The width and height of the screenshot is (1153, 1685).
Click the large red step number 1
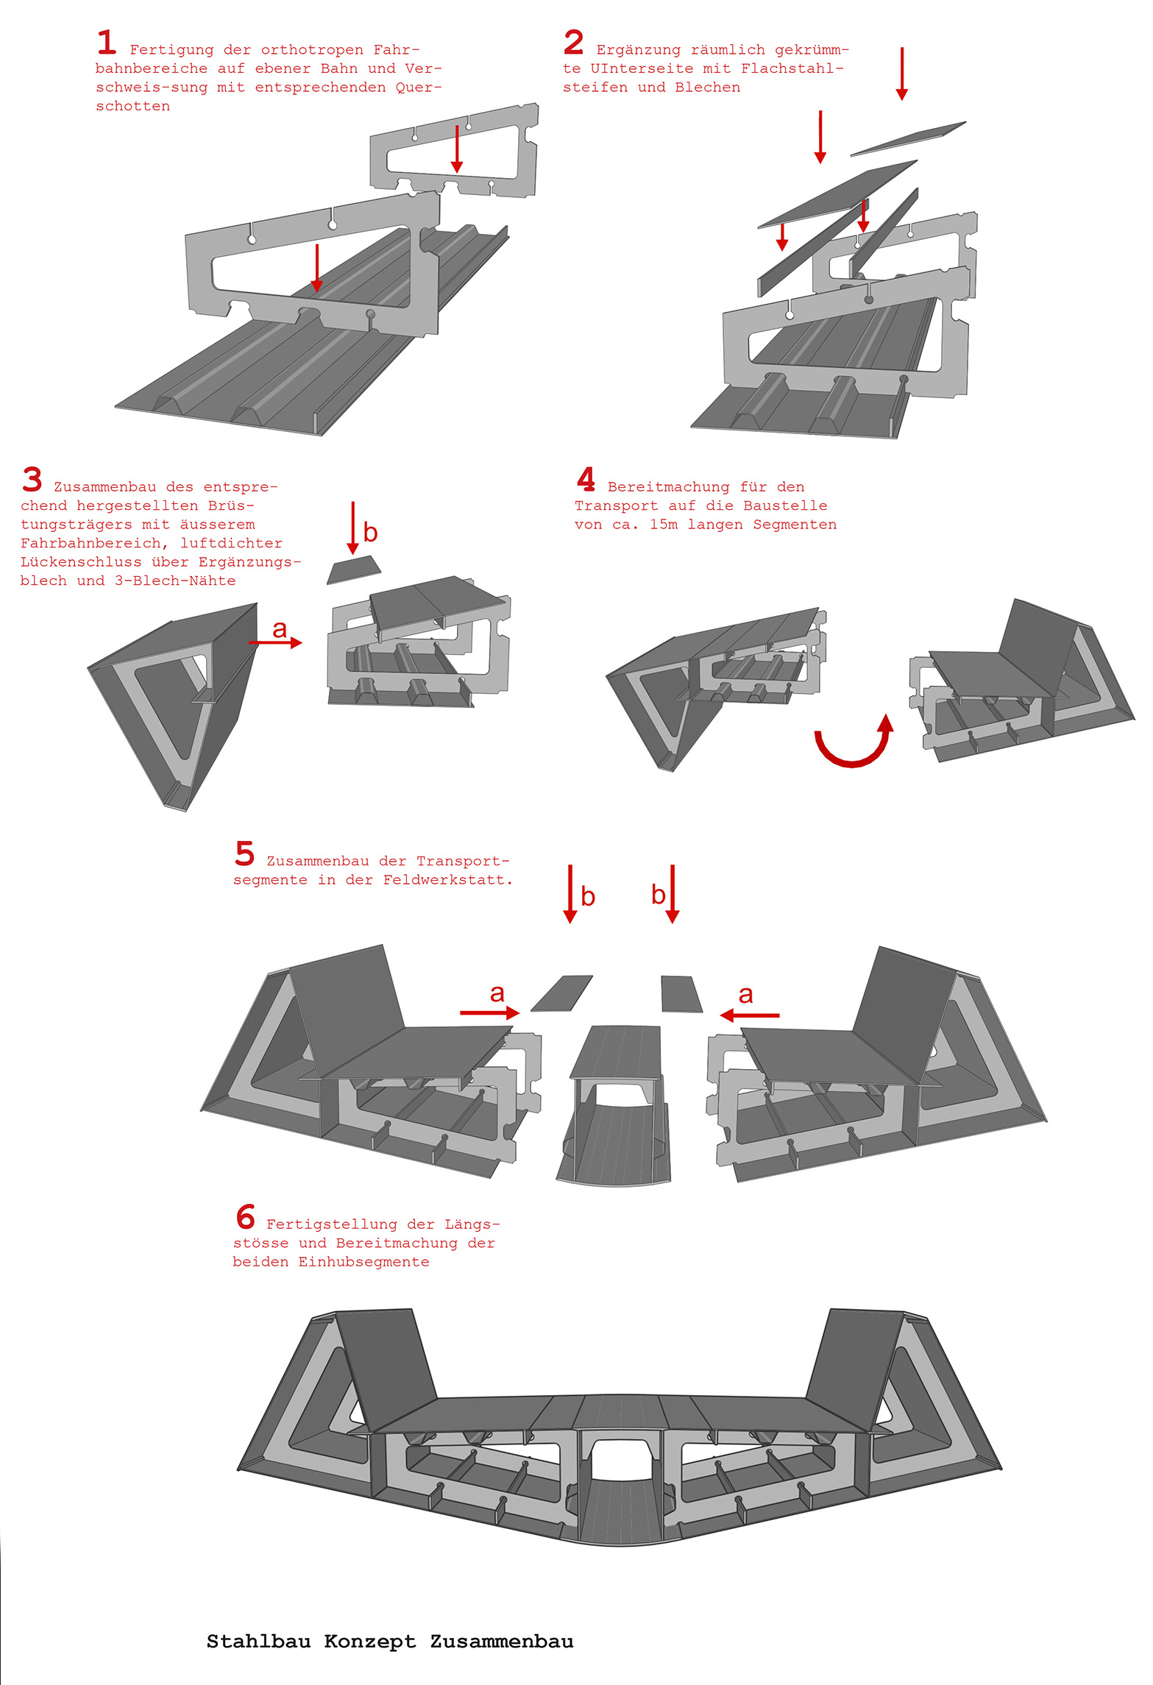pyautogui.click(x=107, y=42)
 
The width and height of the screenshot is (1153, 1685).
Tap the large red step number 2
pyautogui.click(x=574, y=42)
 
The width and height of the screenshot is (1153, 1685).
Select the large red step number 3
pyautogui.click(x=32, y=479)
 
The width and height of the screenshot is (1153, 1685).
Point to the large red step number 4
pyautogui.click(x=586, y=479)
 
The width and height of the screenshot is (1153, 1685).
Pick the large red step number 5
pyautogui.click(x=245, y=854)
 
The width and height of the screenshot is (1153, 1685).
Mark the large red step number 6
pyautogui.click(x=246, y=1217)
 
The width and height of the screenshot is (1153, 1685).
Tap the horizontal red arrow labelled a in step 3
pyautogui.click(x=275, y=642)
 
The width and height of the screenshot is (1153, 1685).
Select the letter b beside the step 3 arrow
pyautogui.click(x=370, y=532)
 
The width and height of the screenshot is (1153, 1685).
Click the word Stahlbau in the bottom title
pyautogui.click(x=258, y=1642)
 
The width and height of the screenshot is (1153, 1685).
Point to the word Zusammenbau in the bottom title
pyautogui.click(x=502, y=1642)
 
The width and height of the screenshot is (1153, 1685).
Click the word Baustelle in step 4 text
pyautogui.click(x=785, y=505)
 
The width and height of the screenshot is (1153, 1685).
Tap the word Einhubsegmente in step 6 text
pyautogui.click(x=363, y=1262)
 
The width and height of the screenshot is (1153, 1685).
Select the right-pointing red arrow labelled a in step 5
pyautogui.click(x=490, y=1013)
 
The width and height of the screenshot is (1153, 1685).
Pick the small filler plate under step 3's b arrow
pyautogui.click(x=354, y=570)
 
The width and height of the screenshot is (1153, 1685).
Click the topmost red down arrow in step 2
pyautogui.click(x=902, y=74)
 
